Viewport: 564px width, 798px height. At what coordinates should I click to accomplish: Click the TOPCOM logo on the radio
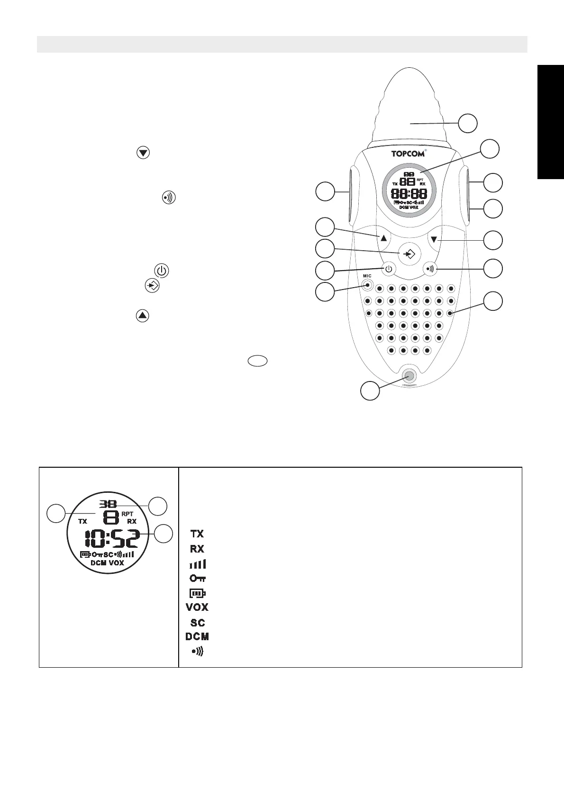pos(407,154)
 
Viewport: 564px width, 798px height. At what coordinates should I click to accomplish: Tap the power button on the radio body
pos(389,269)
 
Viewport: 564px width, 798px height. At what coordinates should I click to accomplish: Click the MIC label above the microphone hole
pos(367,276)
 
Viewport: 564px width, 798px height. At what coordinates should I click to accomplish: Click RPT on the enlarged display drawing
pos(128,514)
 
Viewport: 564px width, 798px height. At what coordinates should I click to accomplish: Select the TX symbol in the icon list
pos(197,534)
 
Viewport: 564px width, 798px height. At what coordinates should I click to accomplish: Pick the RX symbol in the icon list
pos(197,549)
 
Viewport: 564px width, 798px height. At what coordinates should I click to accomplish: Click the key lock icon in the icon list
pos(198,579)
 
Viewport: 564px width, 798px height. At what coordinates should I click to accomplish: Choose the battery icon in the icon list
pos(198,593)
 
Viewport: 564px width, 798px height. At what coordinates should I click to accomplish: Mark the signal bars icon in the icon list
pos(198,564)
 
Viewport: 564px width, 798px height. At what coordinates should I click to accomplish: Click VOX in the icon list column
pos(197,607)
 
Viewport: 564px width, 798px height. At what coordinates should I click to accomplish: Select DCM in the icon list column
pos(197,636)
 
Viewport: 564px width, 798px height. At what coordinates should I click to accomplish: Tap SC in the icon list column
pos(198,623)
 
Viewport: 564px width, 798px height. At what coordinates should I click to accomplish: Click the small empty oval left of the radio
pos(257,361)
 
